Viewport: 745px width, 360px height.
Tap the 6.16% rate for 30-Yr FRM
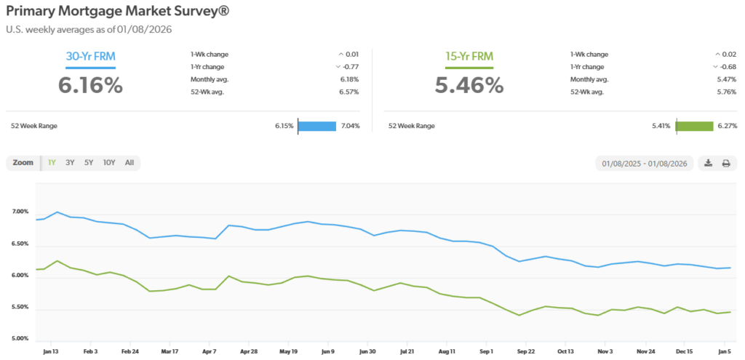click(90, 85)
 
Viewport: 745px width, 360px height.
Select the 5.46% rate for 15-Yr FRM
click(469, 85)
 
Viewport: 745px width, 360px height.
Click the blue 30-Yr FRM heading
click(90, 57)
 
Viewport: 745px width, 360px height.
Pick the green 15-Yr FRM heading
click(469, 57)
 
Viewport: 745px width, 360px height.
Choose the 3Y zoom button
click(70, 163)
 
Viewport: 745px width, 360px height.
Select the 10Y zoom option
click(109, 163)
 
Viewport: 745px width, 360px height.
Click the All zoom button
click(129, 163)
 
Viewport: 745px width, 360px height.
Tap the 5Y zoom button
click(89, 163)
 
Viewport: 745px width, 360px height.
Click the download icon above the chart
click(708, 163)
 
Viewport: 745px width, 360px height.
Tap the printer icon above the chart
click(725, 163)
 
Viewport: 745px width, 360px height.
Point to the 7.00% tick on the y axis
click(20, 212)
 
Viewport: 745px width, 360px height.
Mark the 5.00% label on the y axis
click(20, 339)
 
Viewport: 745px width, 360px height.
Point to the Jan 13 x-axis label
click(52, 351)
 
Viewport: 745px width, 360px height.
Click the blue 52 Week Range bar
click(317, 126)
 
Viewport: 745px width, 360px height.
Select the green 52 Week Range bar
click(694, 126)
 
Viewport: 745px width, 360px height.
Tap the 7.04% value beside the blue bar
click(350, 126)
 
